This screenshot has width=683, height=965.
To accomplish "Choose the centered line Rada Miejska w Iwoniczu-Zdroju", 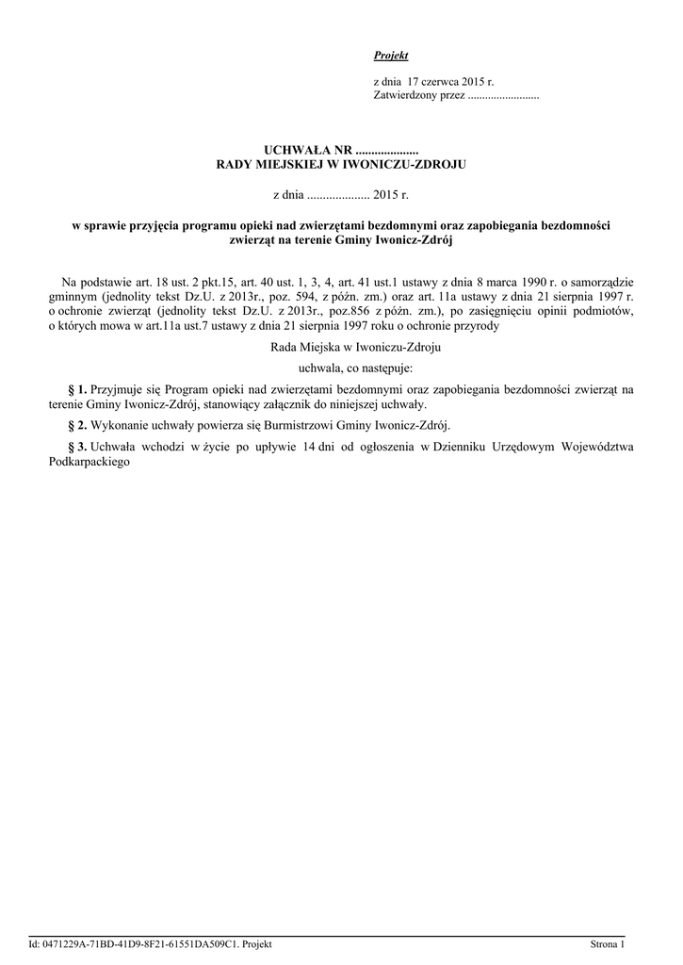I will tap(341, 347).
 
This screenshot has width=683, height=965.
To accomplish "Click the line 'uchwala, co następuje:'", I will tap(342, 368).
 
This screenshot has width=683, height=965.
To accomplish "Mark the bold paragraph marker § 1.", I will tap(78, 388).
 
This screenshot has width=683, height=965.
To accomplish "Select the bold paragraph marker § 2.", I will tap(78, 424).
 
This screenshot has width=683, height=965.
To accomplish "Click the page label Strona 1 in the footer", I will tap(607, 943).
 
